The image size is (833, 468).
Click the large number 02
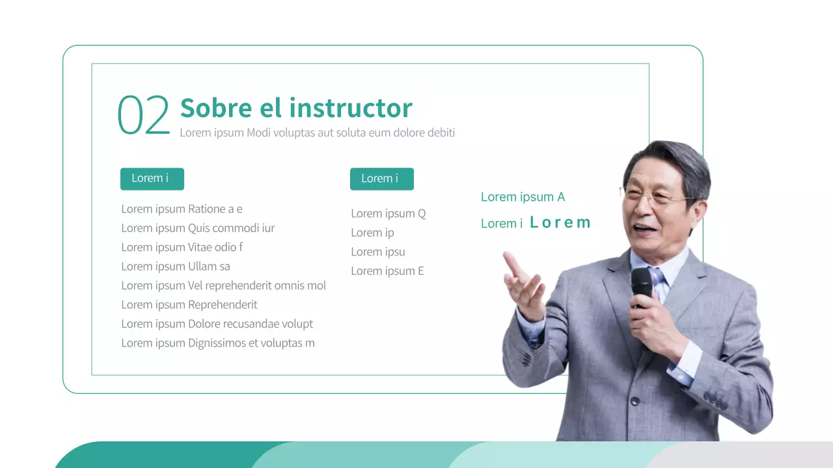(x=143, y=116)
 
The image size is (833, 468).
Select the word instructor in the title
(x=351, y=108)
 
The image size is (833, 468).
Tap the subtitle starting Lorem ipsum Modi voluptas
(x=317, y=133)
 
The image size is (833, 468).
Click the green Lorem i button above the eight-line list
(x=152, y=179)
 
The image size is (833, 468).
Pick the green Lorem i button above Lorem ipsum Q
(x=381, y=179)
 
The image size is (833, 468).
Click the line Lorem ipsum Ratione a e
(x=182, y=209)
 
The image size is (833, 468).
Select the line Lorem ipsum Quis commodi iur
(x=198, y=228)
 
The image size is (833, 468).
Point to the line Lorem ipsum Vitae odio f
(x=182, y=247)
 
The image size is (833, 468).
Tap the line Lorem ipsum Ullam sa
(x=176, y=266)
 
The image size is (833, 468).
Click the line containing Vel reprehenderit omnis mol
(x=223, y=285)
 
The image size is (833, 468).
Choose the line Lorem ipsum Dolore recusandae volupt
(x=217, y=324)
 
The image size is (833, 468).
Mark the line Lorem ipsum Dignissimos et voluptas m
(x=217, y=343)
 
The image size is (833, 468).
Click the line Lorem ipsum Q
(x=388, y=213)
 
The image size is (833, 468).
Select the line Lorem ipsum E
(x=387, y=271)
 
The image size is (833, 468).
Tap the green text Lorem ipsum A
(x=523, y=197)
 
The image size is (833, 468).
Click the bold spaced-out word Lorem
(x=560, y=223)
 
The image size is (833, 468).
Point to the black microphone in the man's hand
(x=642, y=285)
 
